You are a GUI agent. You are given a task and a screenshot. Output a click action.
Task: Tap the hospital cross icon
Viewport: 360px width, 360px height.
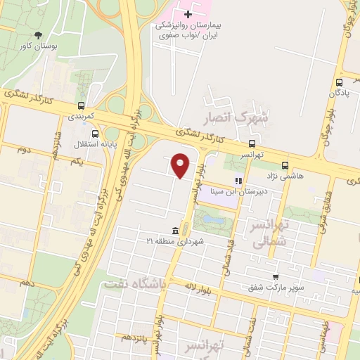point(188,13)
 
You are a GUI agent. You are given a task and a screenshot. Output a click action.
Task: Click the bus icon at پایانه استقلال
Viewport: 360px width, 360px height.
point(96,132)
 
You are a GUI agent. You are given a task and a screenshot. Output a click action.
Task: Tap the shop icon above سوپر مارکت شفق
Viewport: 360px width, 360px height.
point(275,277)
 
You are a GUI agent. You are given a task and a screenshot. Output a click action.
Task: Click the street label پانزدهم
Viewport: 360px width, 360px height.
point(136,336)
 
